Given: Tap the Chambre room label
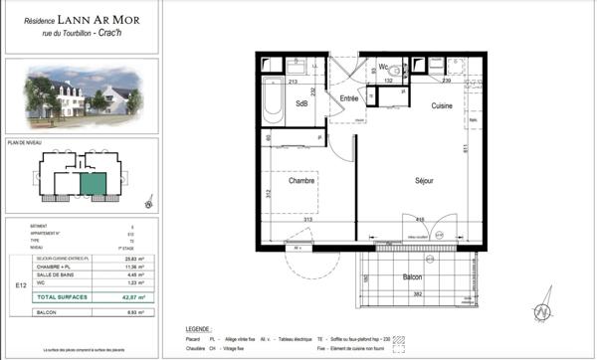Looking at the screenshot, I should point(301,181).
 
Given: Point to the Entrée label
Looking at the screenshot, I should point(348,98).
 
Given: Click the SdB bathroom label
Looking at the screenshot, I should point(301,103).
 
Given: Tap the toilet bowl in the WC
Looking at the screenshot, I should point(395,71).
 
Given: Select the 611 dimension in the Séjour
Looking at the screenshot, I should point(463,149).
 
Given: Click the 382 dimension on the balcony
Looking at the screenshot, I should point(420,296).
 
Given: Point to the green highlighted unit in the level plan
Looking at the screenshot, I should point(93,182).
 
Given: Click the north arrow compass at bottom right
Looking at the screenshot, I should point(544,310).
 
